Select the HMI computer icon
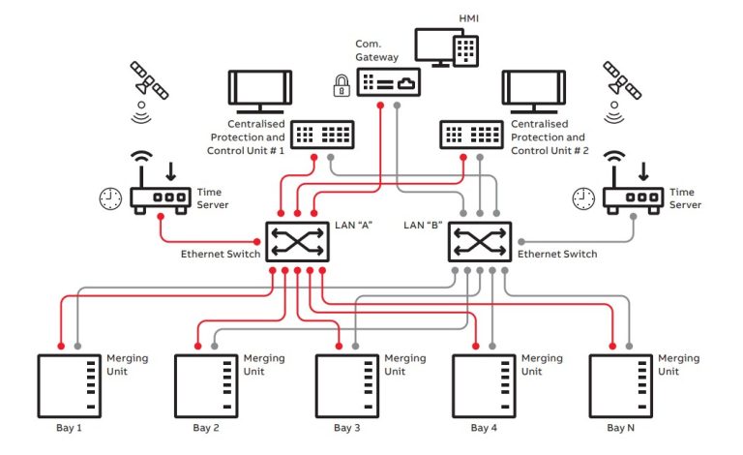[444, 48]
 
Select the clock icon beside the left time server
[111, 198]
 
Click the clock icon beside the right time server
[583, 198]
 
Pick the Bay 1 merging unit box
[69, 384]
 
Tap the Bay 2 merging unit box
[205, 384]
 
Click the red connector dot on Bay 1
[60, 346]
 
